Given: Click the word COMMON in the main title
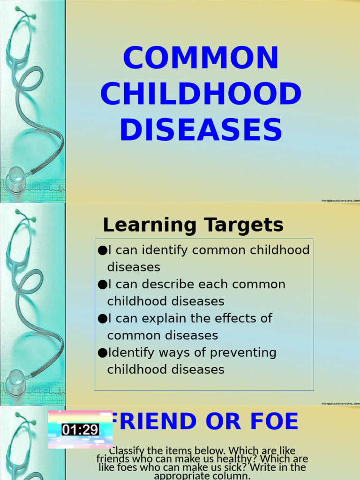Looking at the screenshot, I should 201,58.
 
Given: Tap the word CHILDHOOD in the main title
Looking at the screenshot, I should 201,94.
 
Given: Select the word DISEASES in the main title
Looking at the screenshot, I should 201,130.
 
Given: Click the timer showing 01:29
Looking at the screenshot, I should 80,429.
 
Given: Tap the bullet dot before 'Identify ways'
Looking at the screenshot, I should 102,352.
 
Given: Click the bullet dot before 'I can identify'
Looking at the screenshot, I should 102,250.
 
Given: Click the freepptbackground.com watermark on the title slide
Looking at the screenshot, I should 340,200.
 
